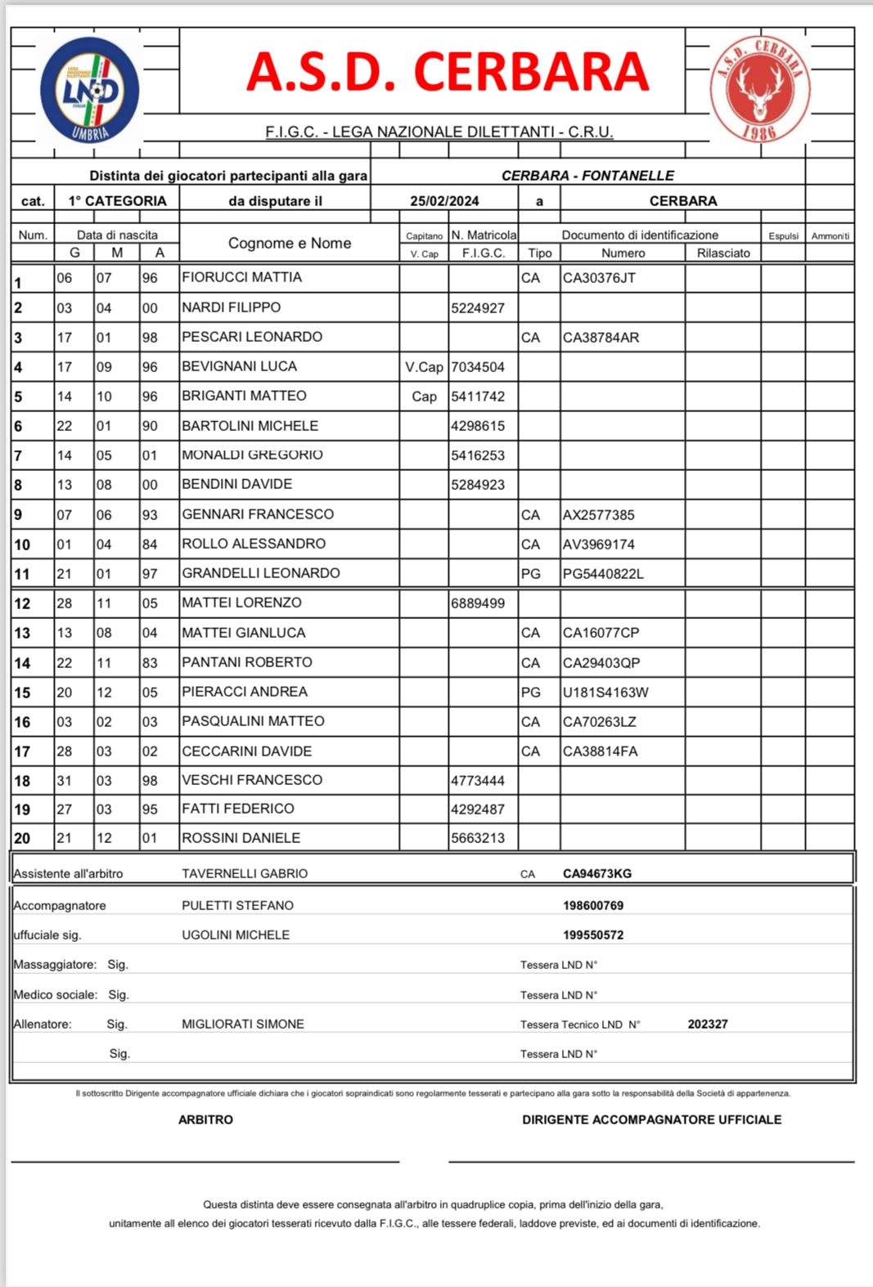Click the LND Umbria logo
(90, 90)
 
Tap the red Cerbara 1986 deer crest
(759, 90)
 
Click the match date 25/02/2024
(444, 201)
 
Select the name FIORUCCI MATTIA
(241, 277)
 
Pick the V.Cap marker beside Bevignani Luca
(424, 367)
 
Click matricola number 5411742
(478, 397)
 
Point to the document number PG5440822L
(603, 574)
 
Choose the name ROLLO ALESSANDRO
(254, 544)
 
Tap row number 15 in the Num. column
(22, 693)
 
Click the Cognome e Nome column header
(290, 243)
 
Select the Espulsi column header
(783, 236)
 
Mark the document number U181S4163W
(605, 693)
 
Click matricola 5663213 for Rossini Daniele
(478, 838)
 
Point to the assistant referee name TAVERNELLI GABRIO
(245, 873)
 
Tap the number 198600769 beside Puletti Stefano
(593, 905)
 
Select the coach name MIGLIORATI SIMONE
(243, 1024)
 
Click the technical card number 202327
(708, 1024)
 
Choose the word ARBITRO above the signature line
(205, 1119)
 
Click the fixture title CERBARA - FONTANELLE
(587, 176)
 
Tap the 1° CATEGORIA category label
(117, 201)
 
